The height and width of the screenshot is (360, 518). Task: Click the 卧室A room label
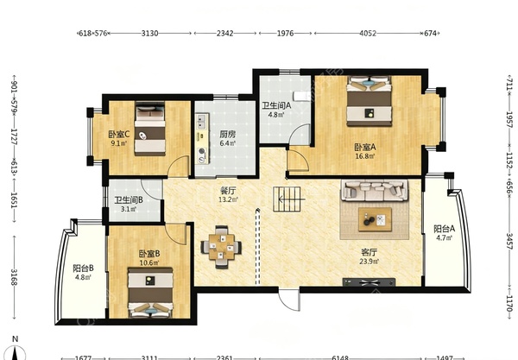365,147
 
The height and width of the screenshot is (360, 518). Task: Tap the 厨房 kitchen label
228,135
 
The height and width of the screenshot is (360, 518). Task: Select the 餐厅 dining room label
228,191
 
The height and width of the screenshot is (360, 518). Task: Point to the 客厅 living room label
369,253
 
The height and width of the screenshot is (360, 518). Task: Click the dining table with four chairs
221,247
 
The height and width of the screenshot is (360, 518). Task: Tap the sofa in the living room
375,191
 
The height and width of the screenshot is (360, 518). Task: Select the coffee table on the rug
375,219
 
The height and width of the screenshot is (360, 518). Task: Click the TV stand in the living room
369,282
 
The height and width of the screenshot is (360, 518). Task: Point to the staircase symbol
287,199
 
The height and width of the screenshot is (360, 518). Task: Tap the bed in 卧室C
150,129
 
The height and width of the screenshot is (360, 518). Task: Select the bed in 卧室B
150,293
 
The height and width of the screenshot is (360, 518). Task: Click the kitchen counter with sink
202,139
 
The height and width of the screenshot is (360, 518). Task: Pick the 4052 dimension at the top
368,33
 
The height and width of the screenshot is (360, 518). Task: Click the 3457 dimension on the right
509,242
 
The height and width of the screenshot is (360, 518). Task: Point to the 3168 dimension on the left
14,277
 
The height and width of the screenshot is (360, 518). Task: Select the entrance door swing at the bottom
289,300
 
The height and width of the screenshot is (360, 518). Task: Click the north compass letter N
15,339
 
